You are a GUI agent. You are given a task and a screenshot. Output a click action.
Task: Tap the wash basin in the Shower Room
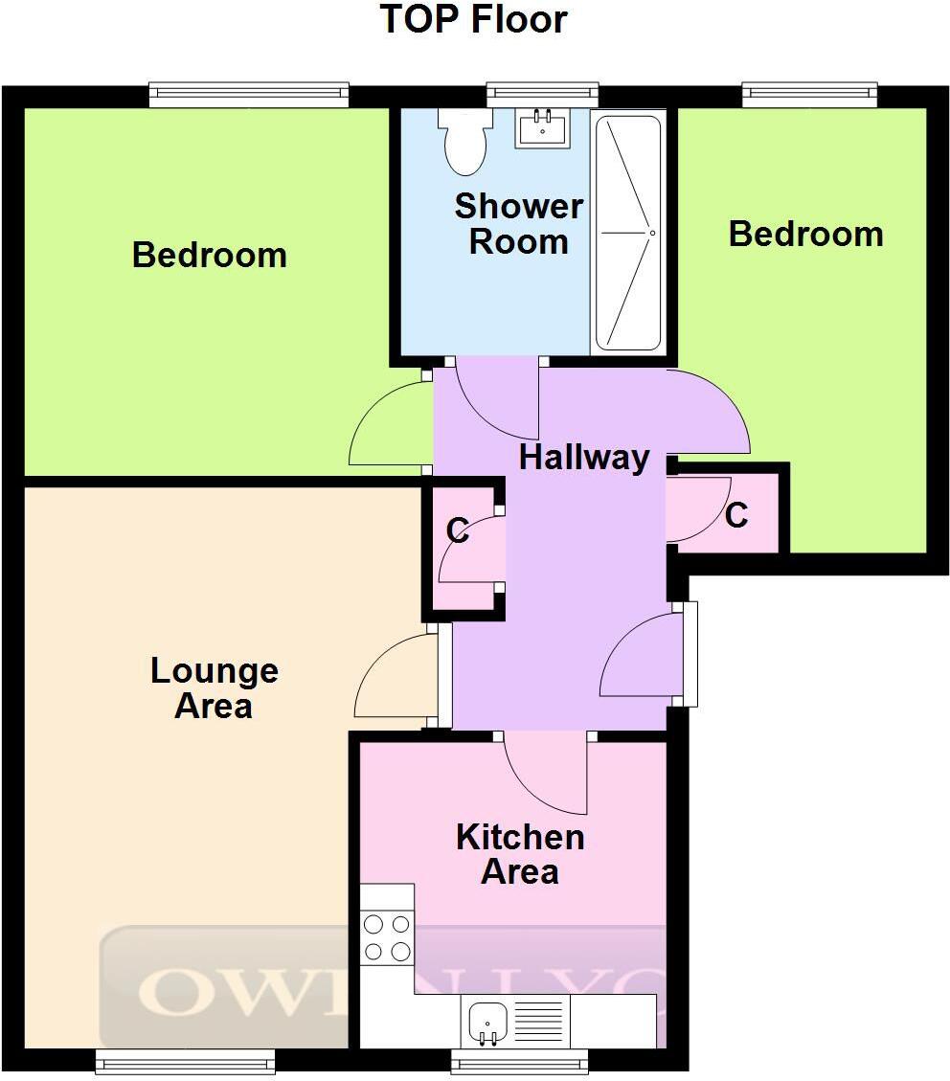540,128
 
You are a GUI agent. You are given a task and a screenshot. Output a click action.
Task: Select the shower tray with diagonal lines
628,233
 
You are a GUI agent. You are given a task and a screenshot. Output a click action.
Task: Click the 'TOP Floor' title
475,19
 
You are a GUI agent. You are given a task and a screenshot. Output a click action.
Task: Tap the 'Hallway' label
584,458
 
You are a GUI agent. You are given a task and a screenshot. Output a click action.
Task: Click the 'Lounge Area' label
215,688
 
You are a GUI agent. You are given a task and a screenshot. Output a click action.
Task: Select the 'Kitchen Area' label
520,854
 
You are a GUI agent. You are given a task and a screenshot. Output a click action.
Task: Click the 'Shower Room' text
518,224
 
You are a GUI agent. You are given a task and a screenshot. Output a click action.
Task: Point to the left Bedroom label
209,255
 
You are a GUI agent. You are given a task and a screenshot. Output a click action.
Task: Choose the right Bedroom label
805,234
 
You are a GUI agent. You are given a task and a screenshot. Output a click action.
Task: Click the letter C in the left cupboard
458,530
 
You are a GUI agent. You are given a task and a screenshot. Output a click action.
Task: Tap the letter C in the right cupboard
735,515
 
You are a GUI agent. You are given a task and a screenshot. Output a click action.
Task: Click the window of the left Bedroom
249,93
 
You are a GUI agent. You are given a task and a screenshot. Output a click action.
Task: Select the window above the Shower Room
542,93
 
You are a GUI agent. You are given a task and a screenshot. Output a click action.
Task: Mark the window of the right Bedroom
810,93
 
